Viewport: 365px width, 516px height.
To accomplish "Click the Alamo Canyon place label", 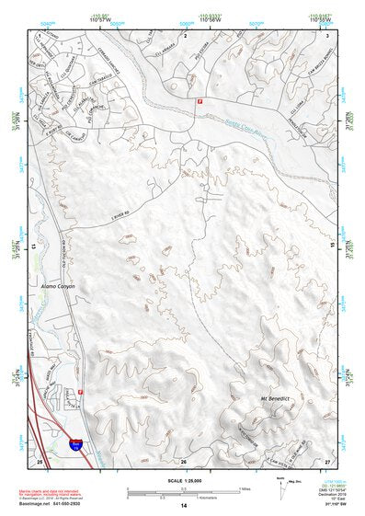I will tap(57, 287).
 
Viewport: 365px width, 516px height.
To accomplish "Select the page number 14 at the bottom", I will tap(183, 506).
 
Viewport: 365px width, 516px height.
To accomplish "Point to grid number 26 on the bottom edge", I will tap(183, 461).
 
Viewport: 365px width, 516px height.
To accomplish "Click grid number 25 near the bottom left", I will tap(39, 461).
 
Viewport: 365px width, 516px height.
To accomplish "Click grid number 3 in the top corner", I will tap(328, 34).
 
